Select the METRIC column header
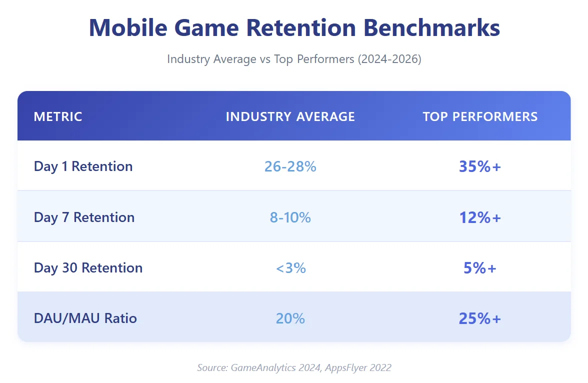point(58,116)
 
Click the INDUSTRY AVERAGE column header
point(290,116)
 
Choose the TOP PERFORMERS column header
point(480,116)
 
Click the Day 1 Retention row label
point(83,166)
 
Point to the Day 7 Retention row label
point(84,217)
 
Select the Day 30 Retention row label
point(88,267)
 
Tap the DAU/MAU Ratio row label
point(85,318)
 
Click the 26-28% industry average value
point(290,166)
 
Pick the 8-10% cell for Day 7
point(290,217)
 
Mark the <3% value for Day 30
point(290,268)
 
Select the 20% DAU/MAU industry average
point(290,318)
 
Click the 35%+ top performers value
point(479,166)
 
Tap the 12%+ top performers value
point(479,217)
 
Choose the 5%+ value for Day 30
point(479,268)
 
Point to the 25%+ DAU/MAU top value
point(479,318)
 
